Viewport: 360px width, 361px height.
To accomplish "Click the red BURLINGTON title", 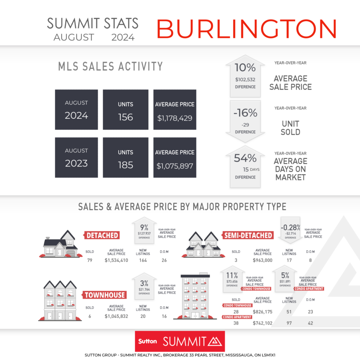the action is (x=246, y=29).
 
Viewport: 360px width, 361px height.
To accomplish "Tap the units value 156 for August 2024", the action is (x=126, y=117).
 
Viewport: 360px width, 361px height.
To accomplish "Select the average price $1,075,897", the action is (x=175, y=166).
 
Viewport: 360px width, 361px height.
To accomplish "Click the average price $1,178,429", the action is (x=175, y=118).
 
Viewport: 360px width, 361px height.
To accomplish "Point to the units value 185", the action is (x=126, y=165).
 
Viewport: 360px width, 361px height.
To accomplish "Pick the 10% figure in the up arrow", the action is (x=245, y=68).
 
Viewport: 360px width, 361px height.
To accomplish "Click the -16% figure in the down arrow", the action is (x=245, y=113).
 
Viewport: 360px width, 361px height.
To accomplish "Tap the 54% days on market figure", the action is (x=245, y=158).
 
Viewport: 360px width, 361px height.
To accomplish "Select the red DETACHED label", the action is (x=102, y=235).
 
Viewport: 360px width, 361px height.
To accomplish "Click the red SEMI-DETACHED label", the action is (x=248, y=235).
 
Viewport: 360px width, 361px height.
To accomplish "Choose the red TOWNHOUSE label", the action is (x=104, y=295).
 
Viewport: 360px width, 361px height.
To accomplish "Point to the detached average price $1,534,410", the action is (x=116, y=261).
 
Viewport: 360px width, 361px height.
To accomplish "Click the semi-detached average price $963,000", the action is (x=262, y=261).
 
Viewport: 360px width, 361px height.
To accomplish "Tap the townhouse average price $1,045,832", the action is (x=116, y=316).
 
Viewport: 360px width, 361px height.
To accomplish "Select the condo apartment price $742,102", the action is (x=262, y=323).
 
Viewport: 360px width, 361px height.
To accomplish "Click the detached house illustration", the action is (x=61, y=244).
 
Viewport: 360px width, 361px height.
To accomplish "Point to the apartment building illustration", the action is (x=195, y=297).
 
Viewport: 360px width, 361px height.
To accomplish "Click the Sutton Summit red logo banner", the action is (x=180, y=341).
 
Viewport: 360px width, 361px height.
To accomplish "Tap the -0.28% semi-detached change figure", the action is (x=290, y=228).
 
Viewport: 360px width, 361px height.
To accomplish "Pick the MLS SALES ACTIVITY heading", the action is (x=110, y=66).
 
